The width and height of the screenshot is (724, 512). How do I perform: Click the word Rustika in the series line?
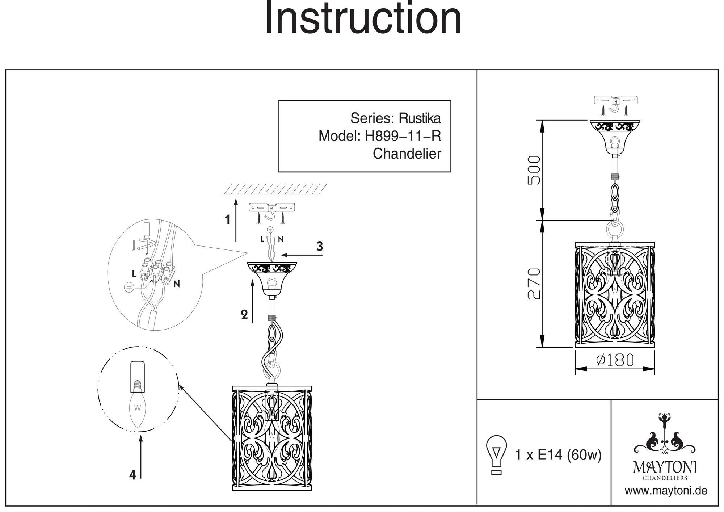coord(420,118)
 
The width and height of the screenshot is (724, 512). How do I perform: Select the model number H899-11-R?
coord(403,136)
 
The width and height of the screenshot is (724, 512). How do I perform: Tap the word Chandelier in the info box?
coord(407,154)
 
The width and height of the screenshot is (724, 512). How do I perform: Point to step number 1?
coord(227,219)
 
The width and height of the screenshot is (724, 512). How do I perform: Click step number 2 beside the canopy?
coord(244,315)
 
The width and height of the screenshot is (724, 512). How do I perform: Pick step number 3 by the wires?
coord(319,246)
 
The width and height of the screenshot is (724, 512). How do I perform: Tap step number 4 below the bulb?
coord(132,475)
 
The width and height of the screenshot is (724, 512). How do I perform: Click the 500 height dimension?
coord(534,170)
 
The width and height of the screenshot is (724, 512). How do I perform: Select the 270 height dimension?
coord(534,284)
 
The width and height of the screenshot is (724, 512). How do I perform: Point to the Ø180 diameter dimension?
coord(615,360)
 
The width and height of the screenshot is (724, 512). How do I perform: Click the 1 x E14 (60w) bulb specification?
coord(558,455)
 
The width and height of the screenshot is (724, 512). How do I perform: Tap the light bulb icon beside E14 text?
coord(497,455)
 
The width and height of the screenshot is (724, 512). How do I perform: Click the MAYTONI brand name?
coord(665,467)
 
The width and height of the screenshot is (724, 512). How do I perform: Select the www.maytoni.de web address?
coord(666,491)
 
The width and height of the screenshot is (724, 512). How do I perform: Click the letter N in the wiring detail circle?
coord(176,284)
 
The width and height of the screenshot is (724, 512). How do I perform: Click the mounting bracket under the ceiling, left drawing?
coord(273,208)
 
